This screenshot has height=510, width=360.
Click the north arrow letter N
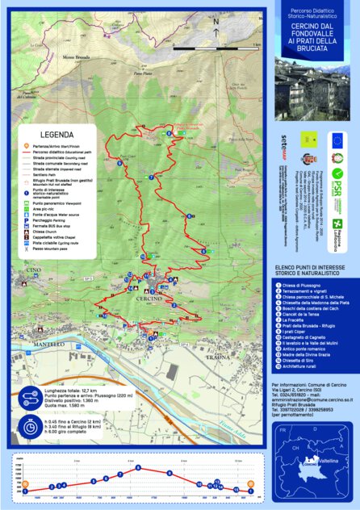[x=216, y=22]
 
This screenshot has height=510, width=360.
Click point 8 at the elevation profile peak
[x=139, y=467]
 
